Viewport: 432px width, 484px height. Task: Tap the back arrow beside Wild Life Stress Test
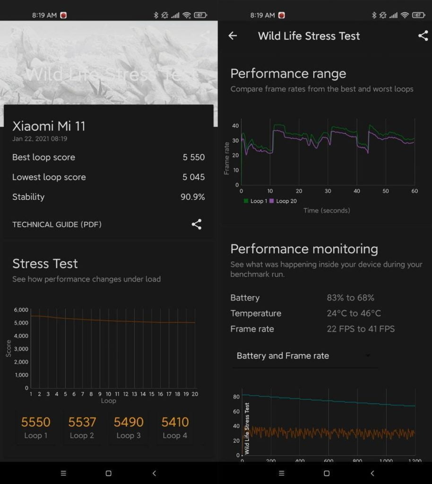[233, 36]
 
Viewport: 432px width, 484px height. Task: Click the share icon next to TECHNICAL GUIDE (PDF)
[197, 225]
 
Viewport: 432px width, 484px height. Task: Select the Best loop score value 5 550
[194, 157]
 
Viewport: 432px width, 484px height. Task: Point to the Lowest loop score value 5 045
[194, 177]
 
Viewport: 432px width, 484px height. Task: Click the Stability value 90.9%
[193, 197]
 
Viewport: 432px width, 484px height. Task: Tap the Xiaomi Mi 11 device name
[49, 126]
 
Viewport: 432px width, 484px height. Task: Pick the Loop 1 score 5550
[36, 422]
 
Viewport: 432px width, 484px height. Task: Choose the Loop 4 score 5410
[175, 422]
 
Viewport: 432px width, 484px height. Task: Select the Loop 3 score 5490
[129, 422]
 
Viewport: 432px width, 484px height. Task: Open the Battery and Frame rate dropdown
[305, 356]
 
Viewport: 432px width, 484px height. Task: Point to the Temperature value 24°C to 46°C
[354, 313]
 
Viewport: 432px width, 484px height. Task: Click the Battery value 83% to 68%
[350, 298]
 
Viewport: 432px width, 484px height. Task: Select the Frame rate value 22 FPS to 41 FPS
[361, 329]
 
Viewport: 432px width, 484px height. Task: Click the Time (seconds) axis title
[327, 210]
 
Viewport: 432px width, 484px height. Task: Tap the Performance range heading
[288, 74]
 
